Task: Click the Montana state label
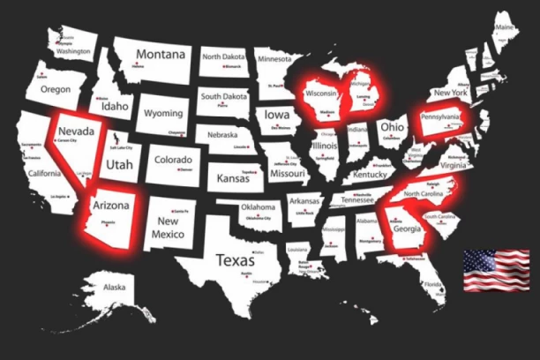(160, 54)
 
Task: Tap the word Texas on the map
(236, 260)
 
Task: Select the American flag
(497, 270)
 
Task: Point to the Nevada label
(75, 131)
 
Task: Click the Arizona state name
(111, 205)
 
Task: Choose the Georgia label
(407, 228)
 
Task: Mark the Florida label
(432, 286)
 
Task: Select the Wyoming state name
(163, 114)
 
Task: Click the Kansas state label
(234, 178)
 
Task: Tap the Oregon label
(55, 90)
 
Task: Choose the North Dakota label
(224, 56)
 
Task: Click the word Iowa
(276, 115)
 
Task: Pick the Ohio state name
(391, 126)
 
